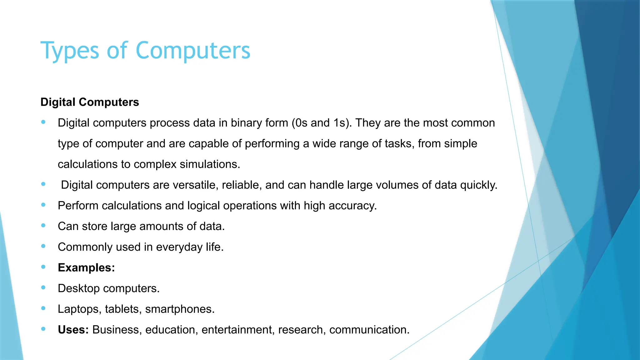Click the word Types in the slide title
70,51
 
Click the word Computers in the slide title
193,51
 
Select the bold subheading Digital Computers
90,102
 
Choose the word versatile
196,185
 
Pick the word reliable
242,185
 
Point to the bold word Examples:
86,268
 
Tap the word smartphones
180,309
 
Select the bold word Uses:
73,330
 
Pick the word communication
369,330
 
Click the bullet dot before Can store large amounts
43,225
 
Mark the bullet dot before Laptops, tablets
43,308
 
